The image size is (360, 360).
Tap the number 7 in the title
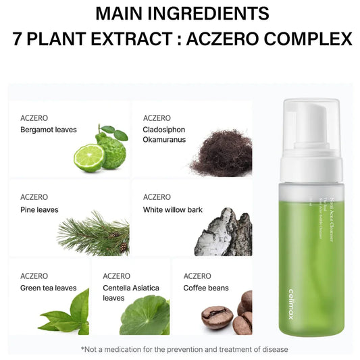pos(20,38)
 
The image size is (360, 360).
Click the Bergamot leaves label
pos(49,130)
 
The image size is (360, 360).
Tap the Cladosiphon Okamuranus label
pos(164,134)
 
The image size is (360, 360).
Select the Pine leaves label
pos(39,209)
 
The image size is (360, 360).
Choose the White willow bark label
pos(173,209)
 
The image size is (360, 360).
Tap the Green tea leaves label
pos(49,288)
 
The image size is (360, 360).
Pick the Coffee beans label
pos(206,288)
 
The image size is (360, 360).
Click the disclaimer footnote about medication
pos(184,349)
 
